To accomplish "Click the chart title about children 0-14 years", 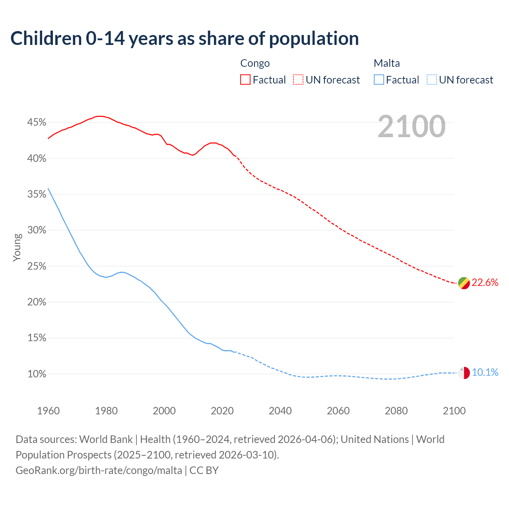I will click(x=185, y=39).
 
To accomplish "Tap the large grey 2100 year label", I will click(x=412, y=126).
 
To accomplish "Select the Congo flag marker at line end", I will click(x=464, y=283).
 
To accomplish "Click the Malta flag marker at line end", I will click(x=464, y=373).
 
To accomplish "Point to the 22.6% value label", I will click(x=485, y=283).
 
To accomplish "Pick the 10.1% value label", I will click(x=485, y=373).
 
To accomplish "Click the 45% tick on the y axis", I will click(x=37, y=122).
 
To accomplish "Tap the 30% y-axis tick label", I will click(x=37, y=230).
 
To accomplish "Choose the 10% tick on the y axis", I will click(x=37, y=374).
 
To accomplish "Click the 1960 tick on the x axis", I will click(x=48, y=411).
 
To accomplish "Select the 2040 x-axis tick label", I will click(x=280, y=411).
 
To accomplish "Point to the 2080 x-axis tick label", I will click(x=396, y=411).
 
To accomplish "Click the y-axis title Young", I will click(x=17, y=247).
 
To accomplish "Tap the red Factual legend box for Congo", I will click(x=245, y=80).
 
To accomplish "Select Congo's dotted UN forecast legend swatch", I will click(x=298, y=80).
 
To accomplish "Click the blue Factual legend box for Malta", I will click(x=379, y=80).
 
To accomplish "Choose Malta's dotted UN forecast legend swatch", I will click(x=432, y=80).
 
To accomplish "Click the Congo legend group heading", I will click(x=255, y=63).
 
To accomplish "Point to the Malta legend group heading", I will click(x=387, y=63).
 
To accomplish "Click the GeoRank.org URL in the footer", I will click(x=99, y=470).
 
